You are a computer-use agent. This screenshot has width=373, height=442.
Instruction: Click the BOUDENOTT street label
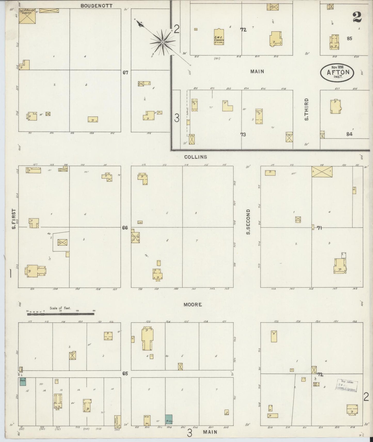(96, 5)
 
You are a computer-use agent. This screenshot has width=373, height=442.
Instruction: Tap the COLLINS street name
(195, 157)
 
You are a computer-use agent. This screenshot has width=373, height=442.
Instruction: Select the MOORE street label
(193, 305)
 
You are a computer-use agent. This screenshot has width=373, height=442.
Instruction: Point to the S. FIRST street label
(14, 219)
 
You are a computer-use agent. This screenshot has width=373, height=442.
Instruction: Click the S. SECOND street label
(248, 222)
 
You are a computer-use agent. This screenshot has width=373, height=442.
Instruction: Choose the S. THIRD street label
(306, 109)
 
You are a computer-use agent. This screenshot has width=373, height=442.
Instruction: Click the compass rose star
(163, 42)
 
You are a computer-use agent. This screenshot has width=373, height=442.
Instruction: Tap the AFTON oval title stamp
(337, 72)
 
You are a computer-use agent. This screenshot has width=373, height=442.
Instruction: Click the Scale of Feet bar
(61, 314)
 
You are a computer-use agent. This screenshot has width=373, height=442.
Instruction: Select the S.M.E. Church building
(219, 37)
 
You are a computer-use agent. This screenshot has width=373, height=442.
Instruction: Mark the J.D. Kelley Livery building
(27, 16)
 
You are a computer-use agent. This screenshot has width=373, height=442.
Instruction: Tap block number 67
(125, 73)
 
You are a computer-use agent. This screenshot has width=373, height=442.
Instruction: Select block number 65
(125, 373)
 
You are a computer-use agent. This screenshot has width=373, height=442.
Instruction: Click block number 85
(350, 38)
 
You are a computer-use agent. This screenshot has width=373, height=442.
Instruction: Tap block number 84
(350, 134)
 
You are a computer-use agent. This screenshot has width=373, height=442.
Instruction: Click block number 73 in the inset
(243, 134)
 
